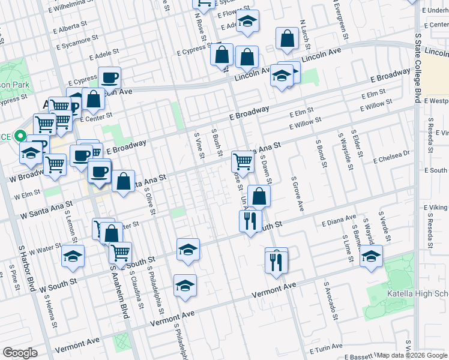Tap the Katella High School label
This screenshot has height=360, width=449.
pos(427,293)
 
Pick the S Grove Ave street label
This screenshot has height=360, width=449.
pos(297,194)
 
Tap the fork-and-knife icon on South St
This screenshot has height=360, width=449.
pos(251,220)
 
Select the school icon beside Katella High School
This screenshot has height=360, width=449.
pos(371,256)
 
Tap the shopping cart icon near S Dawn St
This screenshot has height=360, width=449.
pos(243,160)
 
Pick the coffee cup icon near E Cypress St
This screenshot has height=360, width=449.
pos(110,77)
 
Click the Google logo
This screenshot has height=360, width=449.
pos(20,352)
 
